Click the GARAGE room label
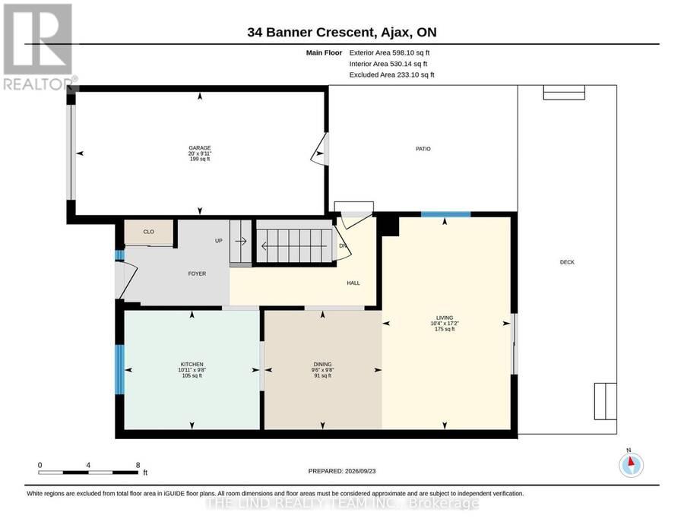(199, 148)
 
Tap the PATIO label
(423, 149)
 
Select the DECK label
(567, 262)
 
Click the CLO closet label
(149, 232)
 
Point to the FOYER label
(197, 273)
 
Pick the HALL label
(353, 283)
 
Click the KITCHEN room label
(192, 365)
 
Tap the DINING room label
(323, 365)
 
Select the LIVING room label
(445, 318)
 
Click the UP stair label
(219, 241)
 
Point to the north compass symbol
(631, 465)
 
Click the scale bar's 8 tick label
(138, 465)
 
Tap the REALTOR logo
(39, 46)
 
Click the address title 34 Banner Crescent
(311, 32)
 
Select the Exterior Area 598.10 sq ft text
(390, 52)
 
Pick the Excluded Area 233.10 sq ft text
(391, 74)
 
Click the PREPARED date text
(342, 471)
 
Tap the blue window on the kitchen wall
(119, 370)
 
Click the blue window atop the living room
(446, 214)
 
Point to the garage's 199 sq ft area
(200, 159)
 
